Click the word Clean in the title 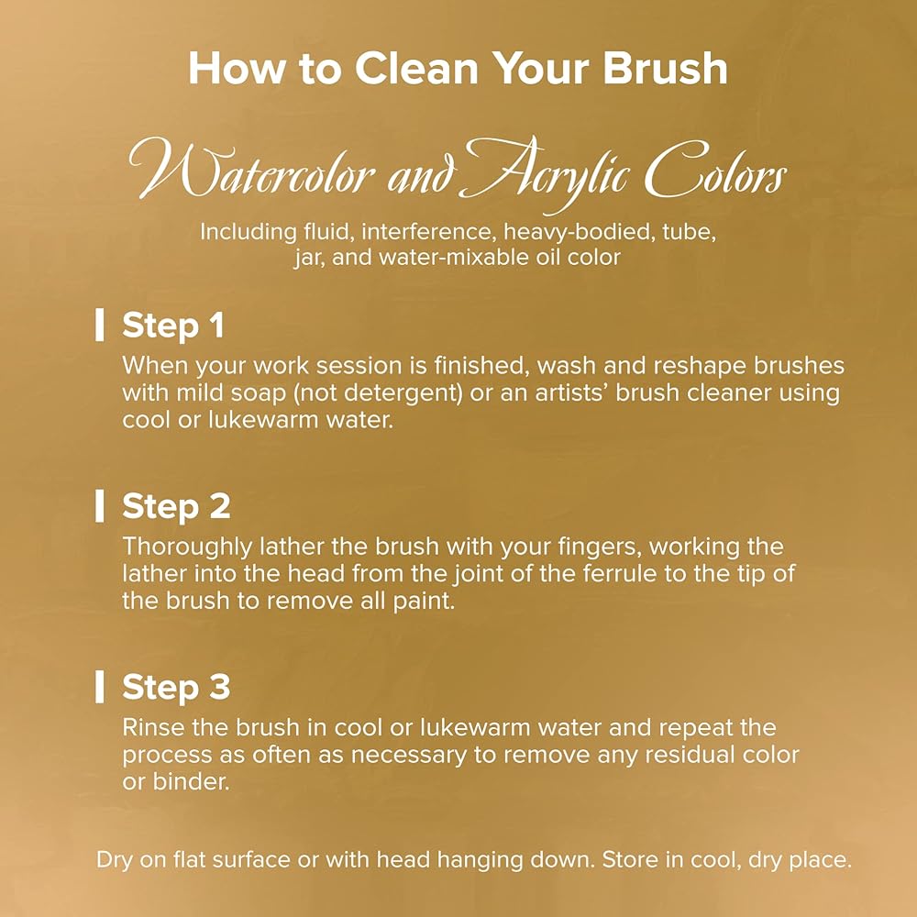(416, 68)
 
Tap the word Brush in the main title (666, 68)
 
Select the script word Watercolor (252, 171)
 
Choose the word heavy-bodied (579, 232)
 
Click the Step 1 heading (173, 326)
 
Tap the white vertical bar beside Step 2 (100, 506)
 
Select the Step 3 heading (176, 687)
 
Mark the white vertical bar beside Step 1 (100, 326)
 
